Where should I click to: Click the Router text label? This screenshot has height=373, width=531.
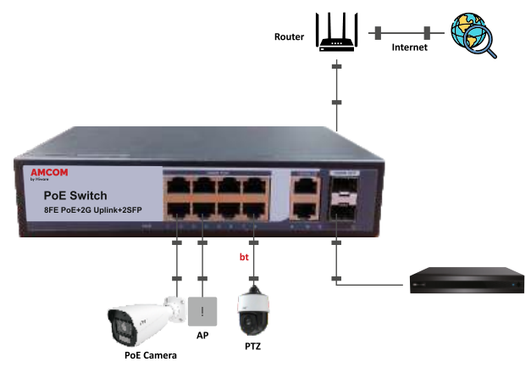tap(290, 37)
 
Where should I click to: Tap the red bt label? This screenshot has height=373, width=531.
tap(245, 254)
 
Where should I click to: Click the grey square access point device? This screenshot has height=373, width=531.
tap(202, 312)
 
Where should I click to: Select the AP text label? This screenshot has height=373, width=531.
tap(202, 335)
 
